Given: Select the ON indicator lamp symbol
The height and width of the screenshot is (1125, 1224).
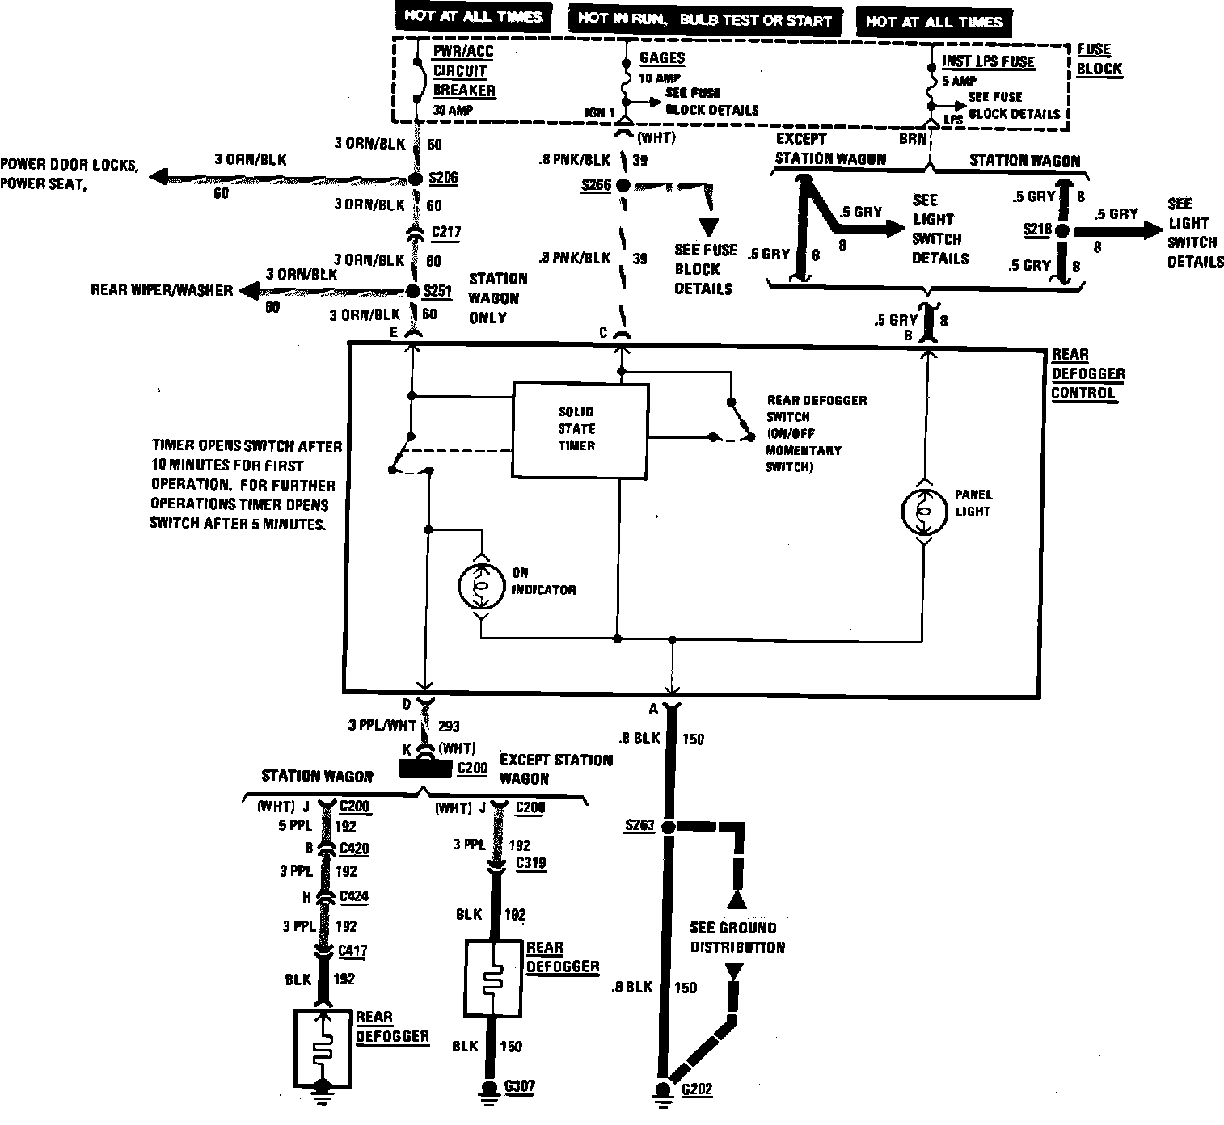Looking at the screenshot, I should pos(481,588).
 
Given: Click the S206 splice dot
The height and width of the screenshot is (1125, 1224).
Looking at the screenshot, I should pos(416,179).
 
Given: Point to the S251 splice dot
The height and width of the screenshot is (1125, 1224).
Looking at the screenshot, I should pos(415,291).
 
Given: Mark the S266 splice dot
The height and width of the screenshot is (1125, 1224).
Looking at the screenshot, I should pos(623,185).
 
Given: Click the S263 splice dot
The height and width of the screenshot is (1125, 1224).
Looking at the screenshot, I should pos(669,827).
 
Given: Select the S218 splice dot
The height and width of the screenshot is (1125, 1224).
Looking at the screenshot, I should pos(1062,231).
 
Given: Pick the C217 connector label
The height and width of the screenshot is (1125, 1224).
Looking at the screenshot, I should pos(446,232).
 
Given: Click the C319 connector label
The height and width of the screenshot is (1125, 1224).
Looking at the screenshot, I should pos(530,863).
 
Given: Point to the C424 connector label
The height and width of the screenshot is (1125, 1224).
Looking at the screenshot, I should pos(354,896).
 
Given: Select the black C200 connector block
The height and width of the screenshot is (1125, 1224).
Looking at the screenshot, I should pos(426,768).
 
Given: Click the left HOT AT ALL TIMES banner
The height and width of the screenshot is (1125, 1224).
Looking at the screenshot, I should pos(474,17).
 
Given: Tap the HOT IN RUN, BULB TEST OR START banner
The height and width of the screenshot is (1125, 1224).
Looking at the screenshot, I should pos(705,19).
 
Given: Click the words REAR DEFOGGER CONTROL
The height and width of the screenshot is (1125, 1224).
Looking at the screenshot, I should pos(1087,373).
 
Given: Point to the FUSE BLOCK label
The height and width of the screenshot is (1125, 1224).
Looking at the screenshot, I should pos(1099,59).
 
